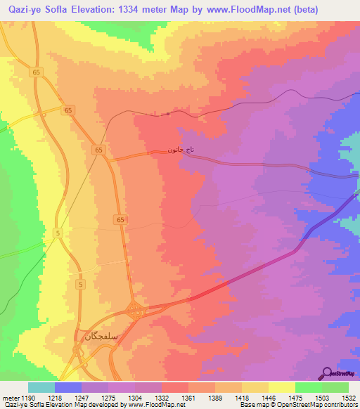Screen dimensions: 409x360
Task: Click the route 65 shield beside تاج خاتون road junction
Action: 99,150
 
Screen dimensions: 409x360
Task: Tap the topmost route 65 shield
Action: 37,72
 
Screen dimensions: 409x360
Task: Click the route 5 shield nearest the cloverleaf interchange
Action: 82,284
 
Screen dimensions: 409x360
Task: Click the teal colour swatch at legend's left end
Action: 41,387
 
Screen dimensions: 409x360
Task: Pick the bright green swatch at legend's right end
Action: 335,387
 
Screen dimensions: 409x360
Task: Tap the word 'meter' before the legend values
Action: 12,397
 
